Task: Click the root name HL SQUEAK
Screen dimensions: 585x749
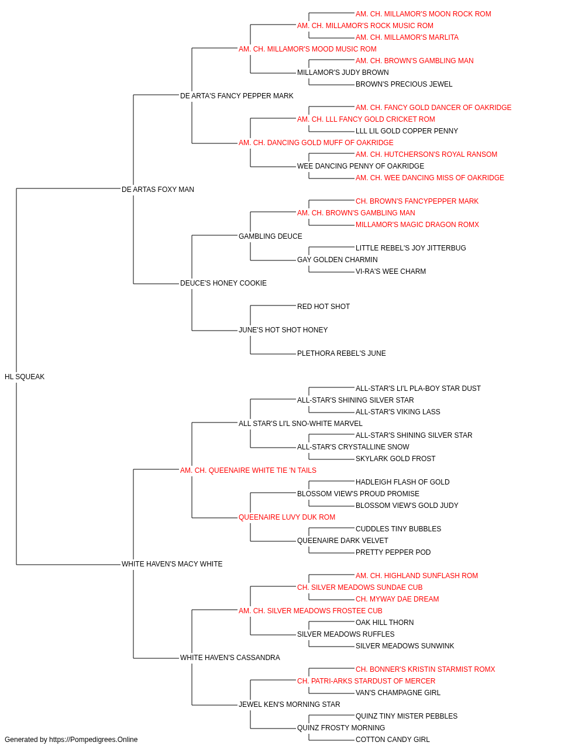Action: click(25, 377)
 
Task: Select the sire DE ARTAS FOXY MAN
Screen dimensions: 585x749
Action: click(158, 190)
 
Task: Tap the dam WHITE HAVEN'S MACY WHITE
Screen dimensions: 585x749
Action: click(172, 564)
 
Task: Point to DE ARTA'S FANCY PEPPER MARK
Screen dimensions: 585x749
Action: click(237, 96)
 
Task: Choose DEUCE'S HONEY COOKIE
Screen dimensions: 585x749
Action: click(223, 283)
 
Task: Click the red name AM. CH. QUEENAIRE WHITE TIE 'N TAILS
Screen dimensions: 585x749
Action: click(248, 470)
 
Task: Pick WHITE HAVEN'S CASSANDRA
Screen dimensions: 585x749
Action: click(230, 658)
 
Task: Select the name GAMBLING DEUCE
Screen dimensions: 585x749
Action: click(270, 236)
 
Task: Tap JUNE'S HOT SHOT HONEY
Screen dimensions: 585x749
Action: click(283, 330)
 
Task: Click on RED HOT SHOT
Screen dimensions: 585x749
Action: click(324, 307)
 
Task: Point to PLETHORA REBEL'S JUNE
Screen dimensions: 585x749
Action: click(342, 353)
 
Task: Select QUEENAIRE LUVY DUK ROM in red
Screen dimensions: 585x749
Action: click(287, 517)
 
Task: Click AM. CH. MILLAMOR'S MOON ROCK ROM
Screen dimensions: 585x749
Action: click(424, 14)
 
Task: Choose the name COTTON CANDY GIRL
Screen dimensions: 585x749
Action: click(393, 740)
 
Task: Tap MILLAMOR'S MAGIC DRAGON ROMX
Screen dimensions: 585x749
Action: click(417, 225)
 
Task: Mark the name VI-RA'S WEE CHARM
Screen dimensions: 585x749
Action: click(391, 272)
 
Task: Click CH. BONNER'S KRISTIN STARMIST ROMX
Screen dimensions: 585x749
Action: click(425, 669)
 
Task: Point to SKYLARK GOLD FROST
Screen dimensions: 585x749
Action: click(395, 459)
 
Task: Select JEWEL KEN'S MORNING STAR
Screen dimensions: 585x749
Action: click(290, 705)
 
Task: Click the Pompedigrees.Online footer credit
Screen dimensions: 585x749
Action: click(71, 740)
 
